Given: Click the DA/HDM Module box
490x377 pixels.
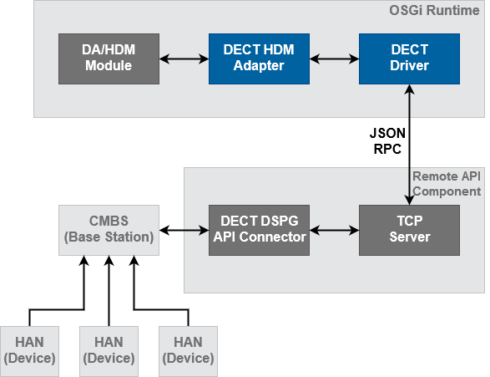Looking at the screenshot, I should point(109,59).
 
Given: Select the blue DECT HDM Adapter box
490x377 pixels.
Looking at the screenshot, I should point(259,59).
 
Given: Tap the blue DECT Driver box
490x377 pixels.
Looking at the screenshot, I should point(409,59).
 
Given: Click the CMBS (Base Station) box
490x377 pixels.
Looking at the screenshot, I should point(109,230).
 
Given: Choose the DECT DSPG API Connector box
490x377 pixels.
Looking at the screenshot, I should point(259,230).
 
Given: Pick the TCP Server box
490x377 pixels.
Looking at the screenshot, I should point(409,230).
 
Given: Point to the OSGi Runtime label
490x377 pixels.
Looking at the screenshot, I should point(434,12).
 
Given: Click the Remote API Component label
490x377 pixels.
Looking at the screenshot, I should point(447,184).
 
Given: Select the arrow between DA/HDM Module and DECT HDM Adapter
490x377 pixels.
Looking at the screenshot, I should point(184,59).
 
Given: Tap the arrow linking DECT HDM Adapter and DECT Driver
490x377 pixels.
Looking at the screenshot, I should point(334,59).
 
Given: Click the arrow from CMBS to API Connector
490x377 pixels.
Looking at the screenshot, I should point(184,230).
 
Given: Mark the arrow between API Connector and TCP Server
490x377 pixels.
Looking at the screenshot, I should point(334,230).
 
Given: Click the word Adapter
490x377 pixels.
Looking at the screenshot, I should point(259,66).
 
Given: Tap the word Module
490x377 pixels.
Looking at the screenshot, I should point(109,66).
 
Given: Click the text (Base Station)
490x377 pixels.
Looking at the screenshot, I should point(109,237).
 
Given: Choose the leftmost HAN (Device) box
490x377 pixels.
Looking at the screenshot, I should point(29,350).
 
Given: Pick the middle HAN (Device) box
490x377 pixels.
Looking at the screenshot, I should point(109,350).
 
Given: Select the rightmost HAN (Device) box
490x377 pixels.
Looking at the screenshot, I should point(188,350).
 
